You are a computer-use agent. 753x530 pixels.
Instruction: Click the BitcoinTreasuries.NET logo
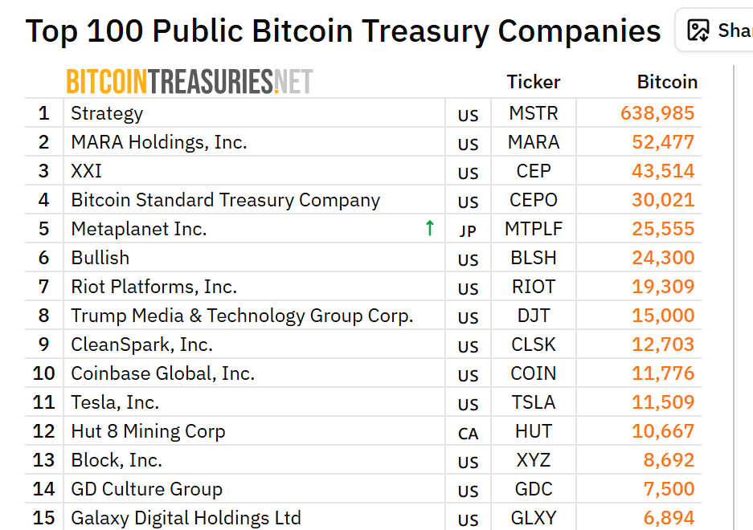click(189, 81)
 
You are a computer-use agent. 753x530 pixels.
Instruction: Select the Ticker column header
click(533, 82)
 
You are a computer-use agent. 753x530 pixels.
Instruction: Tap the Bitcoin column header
click(667, 82)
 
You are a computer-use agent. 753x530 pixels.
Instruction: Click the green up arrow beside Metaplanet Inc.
click(430, 228)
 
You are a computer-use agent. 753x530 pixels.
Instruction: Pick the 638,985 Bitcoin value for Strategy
click(657, 113)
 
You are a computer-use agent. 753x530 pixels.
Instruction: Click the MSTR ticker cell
click(533, 113)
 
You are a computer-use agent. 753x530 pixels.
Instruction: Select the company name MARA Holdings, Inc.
click(159, 142)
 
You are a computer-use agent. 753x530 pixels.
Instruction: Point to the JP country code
click(468, 231)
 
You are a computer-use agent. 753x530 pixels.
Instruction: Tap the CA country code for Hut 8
click(468, 434)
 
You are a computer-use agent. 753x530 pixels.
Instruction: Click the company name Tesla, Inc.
click(115, 402)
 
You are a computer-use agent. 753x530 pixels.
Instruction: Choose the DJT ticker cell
click(533, 316)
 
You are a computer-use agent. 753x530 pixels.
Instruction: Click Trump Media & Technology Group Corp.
click(242, 316)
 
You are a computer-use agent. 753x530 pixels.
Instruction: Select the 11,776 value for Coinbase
click(663, 373)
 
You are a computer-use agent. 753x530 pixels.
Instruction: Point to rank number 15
click(44, 518)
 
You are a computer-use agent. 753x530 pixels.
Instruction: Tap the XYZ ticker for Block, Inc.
click(533, 460)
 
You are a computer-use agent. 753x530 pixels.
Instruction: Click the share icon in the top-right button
click(698, 31)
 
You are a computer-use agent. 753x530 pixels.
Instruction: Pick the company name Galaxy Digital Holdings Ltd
click(186, 518)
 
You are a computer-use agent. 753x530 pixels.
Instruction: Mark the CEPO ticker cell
click(533, 200)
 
